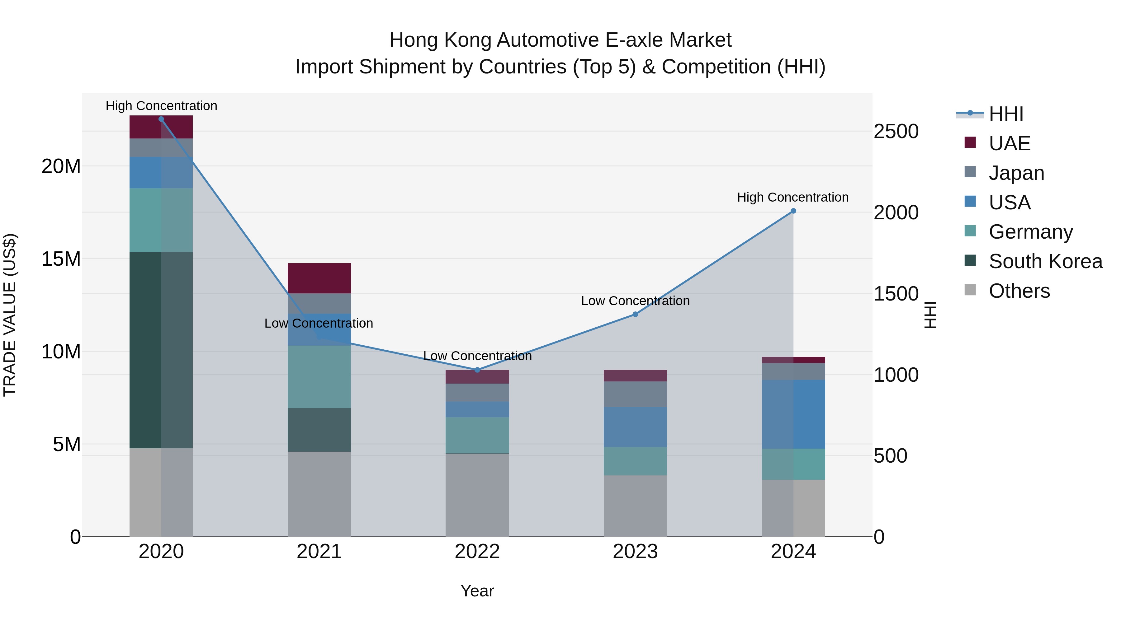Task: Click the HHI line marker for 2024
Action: coord(793,211)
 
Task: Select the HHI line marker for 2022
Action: coord(477,370)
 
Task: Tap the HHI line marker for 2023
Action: coord(635,314)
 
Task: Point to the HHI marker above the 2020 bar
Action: coord(161,119)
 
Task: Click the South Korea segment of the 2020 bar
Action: coord(161,350)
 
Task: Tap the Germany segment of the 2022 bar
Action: coord(477,435)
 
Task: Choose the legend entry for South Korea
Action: coord(1045,261)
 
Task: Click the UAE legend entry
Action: coord(1009,143)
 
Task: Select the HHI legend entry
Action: coord(1006,114)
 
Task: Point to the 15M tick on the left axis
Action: coord(61,259)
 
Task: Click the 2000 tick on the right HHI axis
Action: coord(896,212)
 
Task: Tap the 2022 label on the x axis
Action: coord(477,552)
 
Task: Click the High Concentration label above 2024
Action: coord(792,197)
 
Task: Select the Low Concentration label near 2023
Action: coord(635,301)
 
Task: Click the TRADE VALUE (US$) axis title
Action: coord(10,315)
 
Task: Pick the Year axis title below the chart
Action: coord(477,591)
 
